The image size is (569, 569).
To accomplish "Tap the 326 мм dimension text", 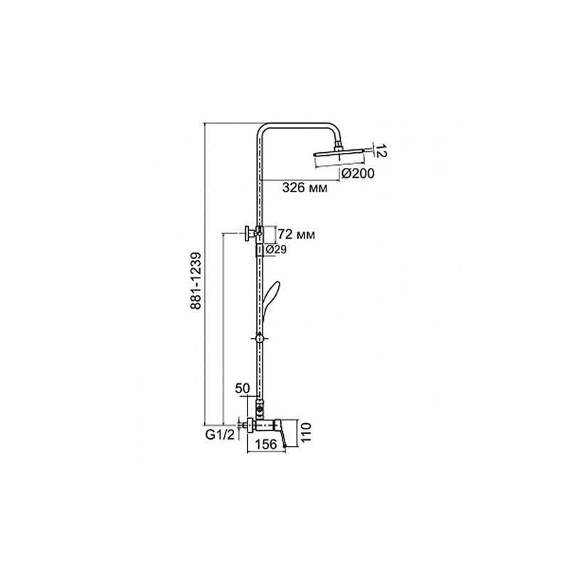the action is point(305,188).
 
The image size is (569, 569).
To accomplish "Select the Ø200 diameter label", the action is point(358,174).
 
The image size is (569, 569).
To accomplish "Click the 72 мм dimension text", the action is point(297,235).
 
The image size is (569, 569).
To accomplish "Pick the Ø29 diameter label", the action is point(276,250).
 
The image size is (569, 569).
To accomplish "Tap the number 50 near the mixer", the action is point(243,388).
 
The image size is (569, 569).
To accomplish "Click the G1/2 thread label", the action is point(220,435).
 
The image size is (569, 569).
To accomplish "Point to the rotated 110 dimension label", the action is point(306,432).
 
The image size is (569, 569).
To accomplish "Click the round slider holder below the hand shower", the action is point(258,339).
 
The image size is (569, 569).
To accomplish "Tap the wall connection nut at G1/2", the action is point(250,425).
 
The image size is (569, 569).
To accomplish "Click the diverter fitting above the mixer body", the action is point(259,408).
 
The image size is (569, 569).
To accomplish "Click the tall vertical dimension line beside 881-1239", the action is point(205,274).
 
